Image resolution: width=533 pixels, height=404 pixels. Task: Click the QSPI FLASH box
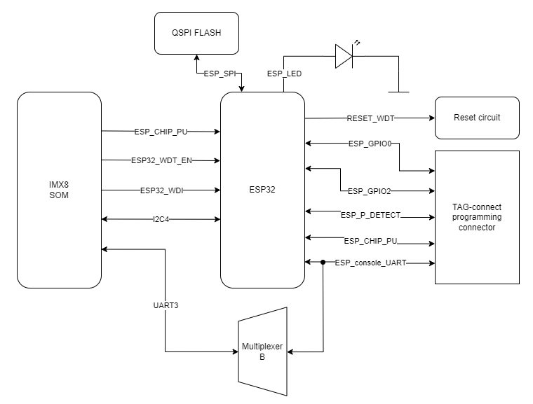(x=196, y=34)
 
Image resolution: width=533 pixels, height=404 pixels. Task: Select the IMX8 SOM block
(x=59, y=190)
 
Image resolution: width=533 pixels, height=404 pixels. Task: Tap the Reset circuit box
(x=477, y=118)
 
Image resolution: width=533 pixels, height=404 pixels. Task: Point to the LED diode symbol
(x=344, y=57)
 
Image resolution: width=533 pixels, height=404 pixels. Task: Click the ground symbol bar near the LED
(x=398, y=91)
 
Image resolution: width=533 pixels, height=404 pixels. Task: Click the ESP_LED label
(x=284, y=73)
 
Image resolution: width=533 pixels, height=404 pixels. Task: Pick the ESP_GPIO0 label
(x=370, y=144)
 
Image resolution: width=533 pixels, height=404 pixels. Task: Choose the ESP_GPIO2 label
(x=370, y=190)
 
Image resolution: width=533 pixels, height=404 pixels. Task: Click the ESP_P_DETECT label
(x=370, y=215)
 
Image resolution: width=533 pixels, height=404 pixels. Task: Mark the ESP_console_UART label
(x=370, y=263)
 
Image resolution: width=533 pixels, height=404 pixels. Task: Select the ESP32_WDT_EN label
(x=161, y=160)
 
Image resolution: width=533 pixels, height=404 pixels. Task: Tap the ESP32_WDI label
(x=161, y=190)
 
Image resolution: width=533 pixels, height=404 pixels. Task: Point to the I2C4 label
(x=161, y=219)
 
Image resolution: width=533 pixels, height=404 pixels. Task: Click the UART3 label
(x=165, y=306)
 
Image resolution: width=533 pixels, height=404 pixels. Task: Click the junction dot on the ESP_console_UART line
(x=323, y=263)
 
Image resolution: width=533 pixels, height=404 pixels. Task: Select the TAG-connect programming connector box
(x=477, y=217)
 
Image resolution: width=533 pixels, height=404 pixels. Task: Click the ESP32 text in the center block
(x=262, y=189)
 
